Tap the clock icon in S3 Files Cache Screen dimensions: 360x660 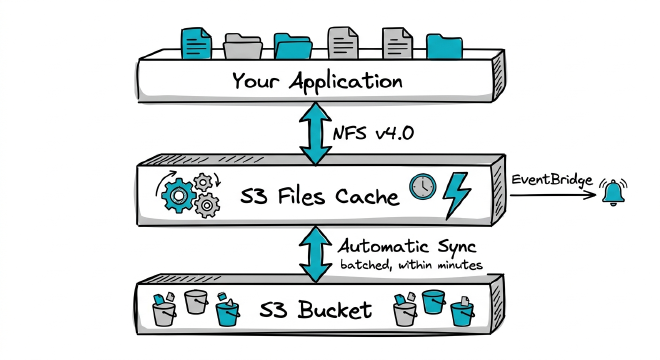click(423, 188)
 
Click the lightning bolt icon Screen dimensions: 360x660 click(458, 191)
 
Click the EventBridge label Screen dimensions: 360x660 click(549, 179)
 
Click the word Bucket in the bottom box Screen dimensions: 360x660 click(341, 309)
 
